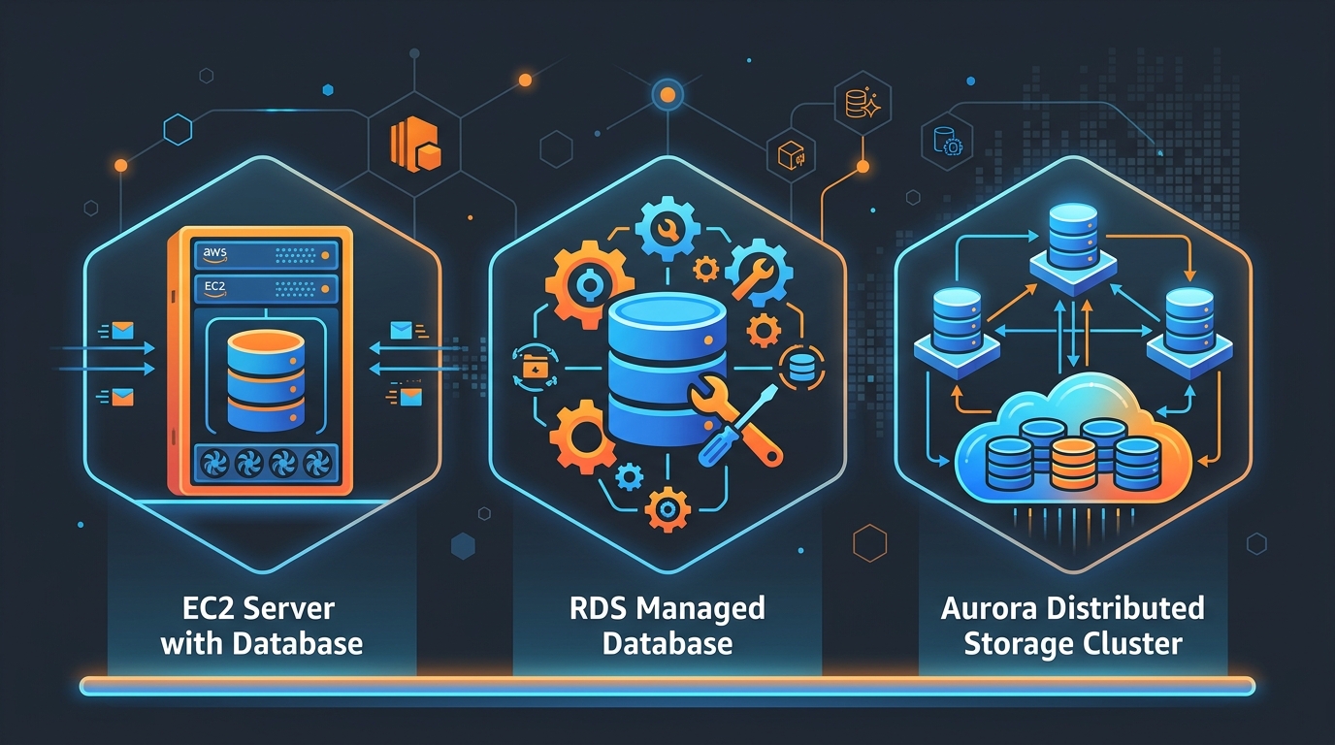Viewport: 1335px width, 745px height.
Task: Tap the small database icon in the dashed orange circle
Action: [x=801, y=368]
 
